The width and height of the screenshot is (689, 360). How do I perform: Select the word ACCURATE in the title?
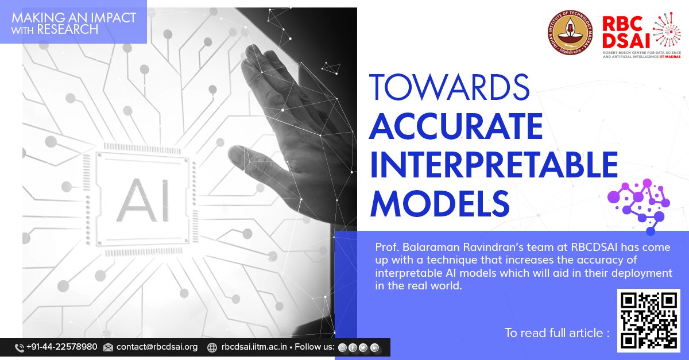[456, 126]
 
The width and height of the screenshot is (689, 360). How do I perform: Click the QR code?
[648, 320]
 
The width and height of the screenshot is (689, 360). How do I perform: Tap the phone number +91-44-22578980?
[61, 347]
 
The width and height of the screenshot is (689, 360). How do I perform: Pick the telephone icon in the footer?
[19, 347]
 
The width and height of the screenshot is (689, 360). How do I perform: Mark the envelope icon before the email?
[108, 347]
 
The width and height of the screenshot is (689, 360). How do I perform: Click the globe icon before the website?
[212, 347]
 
